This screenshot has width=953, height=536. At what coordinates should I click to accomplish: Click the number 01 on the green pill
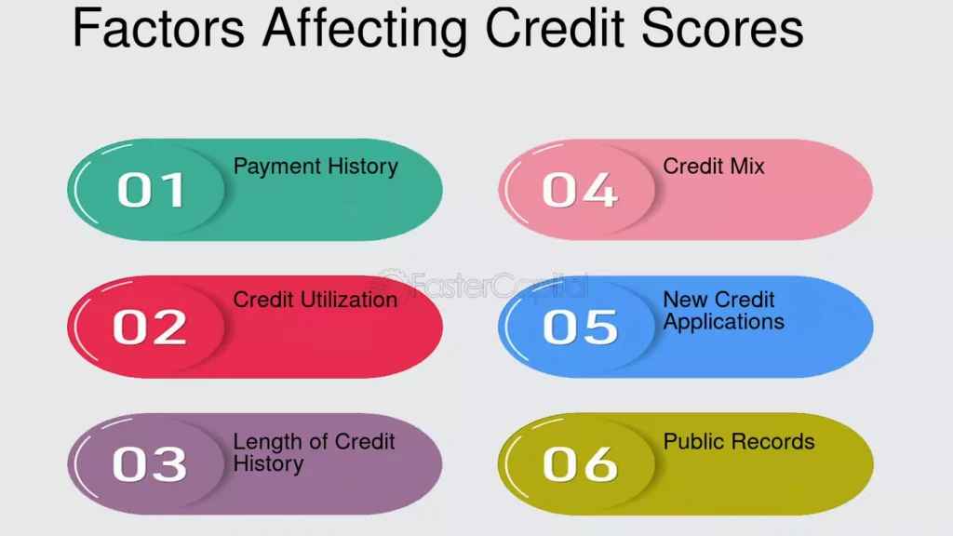(151, 190)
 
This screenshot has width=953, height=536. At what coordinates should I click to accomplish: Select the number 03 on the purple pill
(150, 463)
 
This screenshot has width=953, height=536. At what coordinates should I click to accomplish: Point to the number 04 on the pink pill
(580, 190)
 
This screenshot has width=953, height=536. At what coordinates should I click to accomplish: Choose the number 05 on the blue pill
(580, 327)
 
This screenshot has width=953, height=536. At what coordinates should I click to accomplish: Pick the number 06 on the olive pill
(580, 463)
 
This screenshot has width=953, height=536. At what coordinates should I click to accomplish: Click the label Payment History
(315, 167)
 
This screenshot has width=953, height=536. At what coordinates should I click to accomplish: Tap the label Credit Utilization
(315, 300)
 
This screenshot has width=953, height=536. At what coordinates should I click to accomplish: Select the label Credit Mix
(714, 167)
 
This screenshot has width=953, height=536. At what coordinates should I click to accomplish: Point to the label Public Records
(739, 441)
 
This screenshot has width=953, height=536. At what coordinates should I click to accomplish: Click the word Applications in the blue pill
(724, 323)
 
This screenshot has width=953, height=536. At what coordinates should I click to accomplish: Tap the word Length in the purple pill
(263, 442)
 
